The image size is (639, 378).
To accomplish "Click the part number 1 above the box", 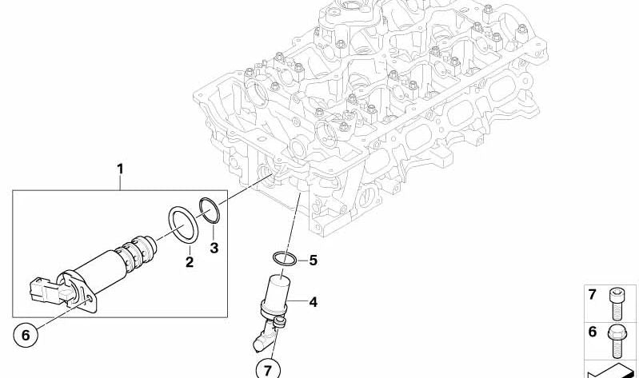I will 120,169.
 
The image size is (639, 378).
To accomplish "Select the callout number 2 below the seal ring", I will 190,261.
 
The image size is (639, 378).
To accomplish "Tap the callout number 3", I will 214,248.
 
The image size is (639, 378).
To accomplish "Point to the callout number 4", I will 313,302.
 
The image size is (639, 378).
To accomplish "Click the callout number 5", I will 313,260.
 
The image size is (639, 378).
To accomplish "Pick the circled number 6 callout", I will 25,336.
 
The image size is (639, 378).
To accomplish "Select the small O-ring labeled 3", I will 208,209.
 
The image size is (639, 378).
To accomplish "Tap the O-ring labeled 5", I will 284,258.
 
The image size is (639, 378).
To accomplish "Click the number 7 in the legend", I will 593,295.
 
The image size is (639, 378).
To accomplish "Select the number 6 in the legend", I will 593,332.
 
